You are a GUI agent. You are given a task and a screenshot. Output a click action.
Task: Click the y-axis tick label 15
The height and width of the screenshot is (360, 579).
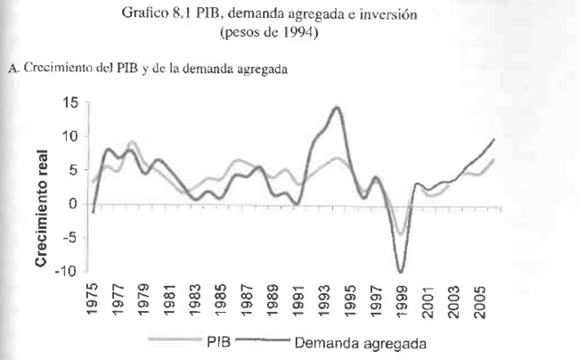pyautogui.click(x=70, y=102)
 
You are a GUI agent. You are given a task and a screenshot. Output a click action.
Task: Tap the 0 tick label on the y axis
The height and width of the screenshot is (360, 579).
pyautogui.click(x=73, y=204)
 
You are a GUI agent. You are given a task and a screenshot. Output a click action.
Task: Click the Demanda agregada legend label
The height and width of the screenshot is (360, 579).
pyautogui.click(x=359, y=344)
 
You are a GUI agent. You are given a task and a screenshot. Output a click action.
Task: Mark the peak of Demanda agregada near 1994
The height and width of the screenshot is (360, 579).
pyautogui.click(x=337, y=108)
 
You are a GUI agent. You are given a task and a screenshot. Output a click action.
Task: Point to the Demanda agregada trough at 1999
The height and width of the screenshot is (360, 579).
pyautogui.click(x=400, y=270)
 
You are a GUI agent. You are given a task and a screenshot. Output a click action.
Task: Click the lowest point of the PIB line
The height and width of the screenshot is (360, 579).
pyautogui.click(x=399, y=234)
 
